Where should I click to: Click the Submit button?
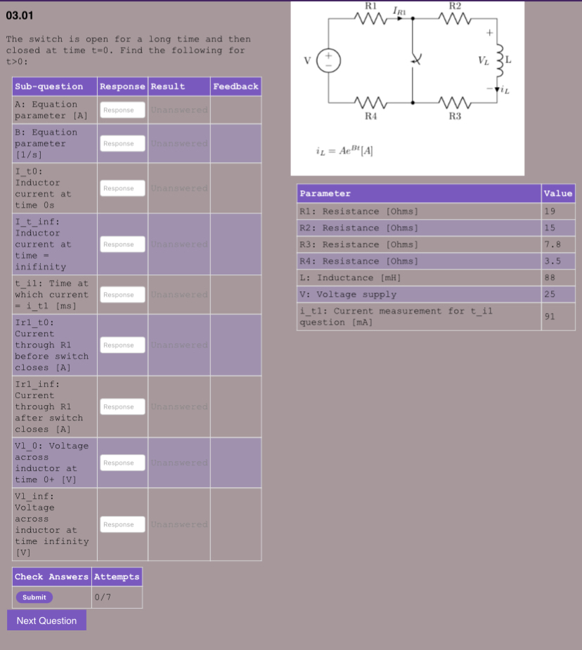tap(34, 597)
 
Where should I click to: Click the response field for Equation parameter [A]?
tap(122, 110)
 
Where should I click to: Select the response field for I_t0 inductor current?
tap(122, 188)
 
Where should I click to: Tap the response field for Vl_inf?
tap(122, 524)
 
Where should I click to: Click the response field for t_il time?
tap(122, 295)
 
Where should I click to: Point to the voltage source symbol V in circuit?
tap(328, 60)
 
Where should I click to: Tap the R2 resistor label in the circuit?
tap(454, 5)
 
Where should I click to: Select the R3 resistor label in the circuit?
tap(454, 116)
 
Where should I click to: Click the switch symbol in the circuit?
tap(414, 61)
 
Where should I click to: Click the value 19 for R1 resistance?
tap(550, 211)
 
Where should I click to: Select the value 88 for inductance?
tap(550, 278)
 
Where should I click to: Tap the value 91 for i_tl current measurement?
tap(550, 316)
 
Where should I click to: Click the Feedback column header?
tap(235, 86)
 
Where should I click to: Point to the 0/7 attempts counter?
tap(102, 597)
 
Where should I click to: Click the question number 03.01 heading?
tap(20, 15)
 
